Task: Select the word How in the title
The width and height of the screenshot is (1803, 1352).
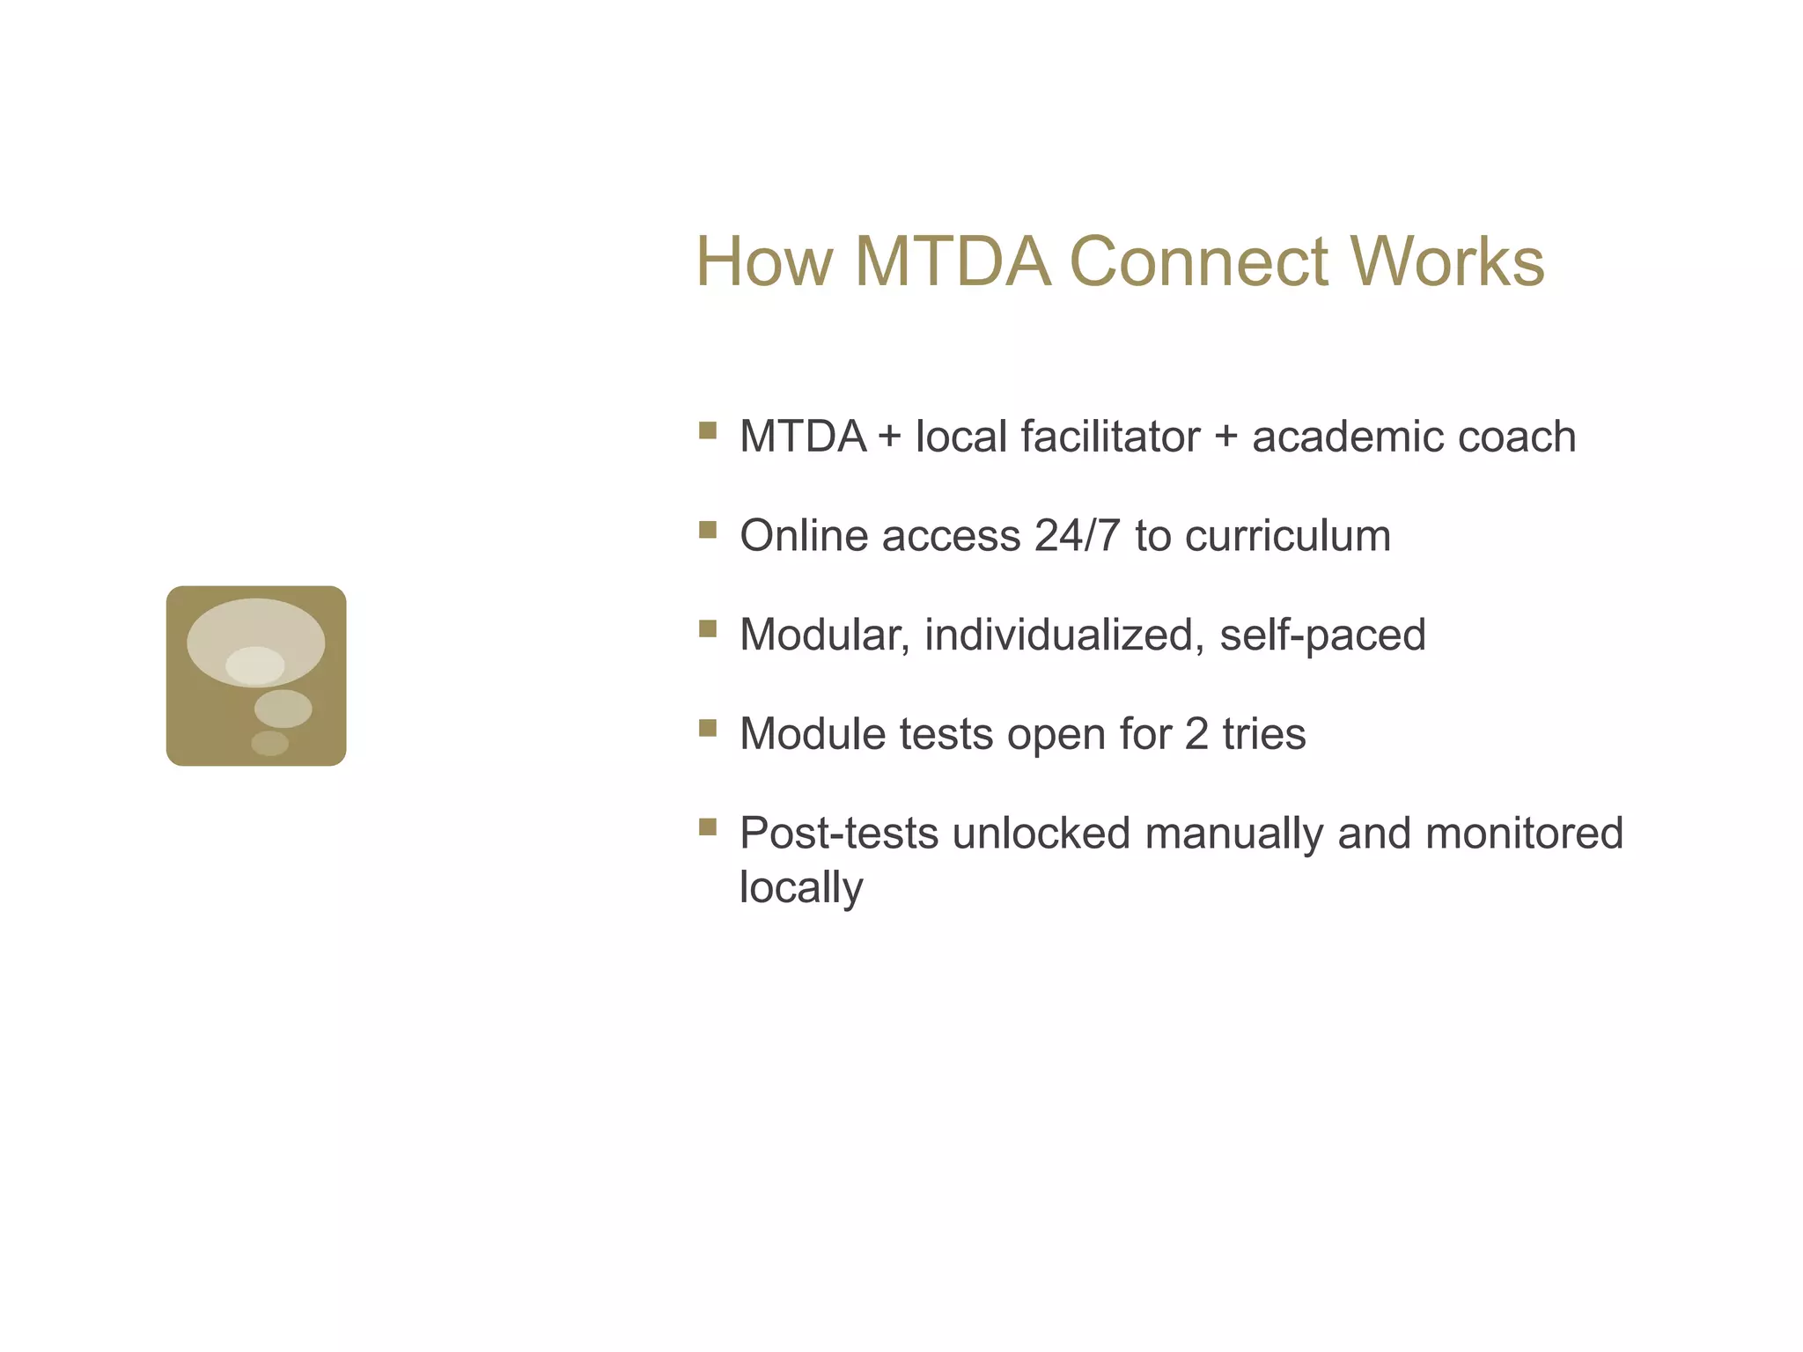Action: [x=764, y=261]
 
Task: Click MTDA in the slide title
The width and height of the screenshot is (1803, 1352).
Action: [x=953, y=261]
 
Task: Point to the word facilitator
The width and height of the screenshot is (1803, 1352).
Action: [x=1110, y=437]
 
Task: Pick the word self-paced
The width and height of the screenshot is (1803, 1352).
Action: [x=1322, y=635]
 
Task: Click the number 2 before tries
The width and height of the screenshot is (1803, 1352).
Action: [x=1196, y=734]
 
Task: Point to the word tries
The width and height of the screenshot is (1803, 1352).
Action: [x=1263, y=734]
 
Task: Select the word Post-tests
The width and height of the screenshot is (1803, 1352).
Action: [x=838, y=833]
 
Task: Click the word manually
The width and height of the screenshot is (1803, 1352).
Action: [x=1233, y=833]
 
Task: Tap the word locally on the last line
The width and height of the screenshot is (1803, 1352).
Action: [x=800, y=887]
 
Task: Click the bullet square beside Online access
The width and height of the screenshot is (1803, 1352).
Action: [x=708, y=529]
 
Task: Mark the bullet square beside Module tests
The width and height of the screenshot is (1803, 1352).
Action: [x=708, y=727]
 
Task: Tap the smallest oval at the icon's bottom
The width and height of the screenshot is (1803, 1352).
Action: [x=269, y=743]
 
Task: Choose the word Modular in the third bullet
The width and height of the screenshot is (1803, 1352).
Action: [x=824, y=635]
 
